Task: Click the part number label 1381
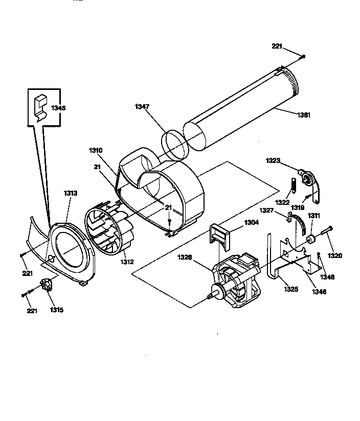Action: click(x=303, y=115)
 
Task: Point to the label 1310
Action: click(x=96, y=150)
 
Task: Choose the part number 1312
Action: click(x=127, y=262)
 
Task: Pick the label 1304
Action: click(x=251, y=222)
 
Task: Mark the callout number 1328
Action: click(x=185, y=258)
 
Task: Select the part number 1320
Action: click(x=335, y=255)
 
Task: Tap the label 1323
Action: click(x=273, y=160)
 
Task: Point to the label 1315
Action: click(x=56, y=310)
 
